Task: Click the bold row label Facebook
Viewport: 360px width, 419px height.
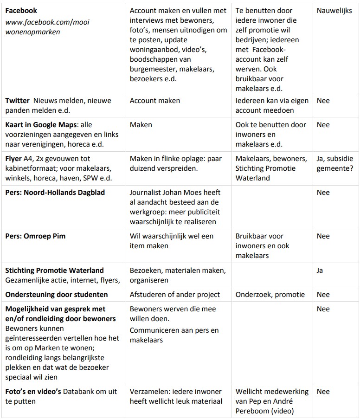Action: click(x=21, y=11)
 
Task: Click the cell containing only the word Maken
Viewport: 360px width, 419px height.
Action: click(x=141, y=125)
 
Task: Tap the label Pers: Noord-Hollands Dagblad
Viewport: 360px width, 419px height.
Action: click(x=55, y=193)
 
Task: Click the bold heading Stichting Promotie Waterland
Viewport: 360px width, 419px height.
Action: click(x=55, y=271)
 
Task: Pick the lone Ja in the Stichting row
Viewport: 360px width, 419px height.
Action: click(x=320, y=271)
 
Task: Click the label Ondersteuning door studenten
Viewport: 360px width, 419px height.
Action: click(x=57, y=295)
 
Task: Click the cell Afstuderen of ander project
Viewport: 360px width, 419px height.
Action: click(x=175, y=295)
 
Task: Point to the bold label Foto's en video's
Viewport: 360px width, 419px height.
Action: click(x=33, y=392)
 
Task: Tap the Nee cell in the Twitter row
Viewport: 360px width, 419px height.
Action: click(x=323, y=101)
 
